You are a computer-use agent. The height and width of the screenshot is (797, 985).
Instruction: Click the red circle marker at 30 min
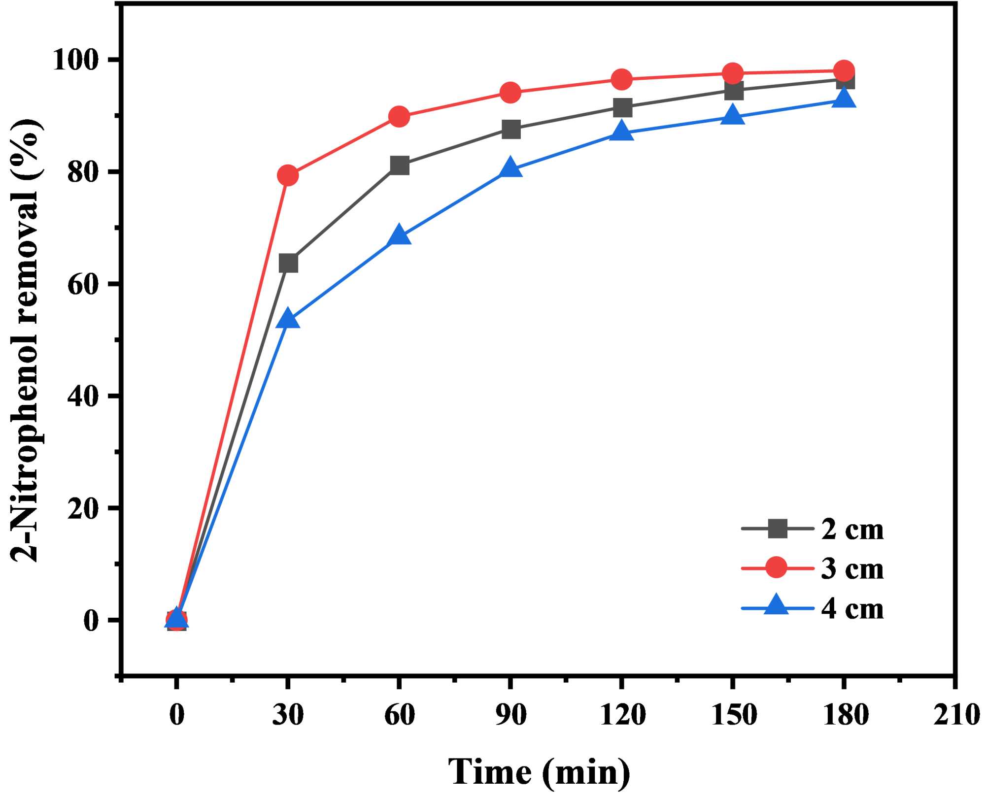(288, 175)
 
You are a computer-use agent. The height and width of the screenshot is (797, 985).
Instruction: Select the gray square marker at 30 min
(288, 263)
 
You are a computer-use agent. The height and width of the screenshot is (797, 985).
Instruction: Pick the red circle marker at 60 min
(399, 117)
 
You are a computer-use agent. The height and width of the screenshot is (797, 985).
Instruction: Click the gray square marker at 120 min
(622, 107)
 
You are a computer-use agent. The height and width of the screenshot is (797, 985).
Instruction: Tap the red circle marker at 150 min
(733, 73)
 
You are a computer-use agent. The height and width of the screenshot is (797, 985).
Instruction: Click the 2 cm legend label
(852, 530)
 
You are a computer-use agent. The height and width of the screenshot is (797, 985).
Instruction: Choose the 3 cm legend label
(852, 569)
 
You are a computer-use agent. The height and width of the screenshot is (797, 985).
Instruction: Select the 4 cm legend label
(852, 609)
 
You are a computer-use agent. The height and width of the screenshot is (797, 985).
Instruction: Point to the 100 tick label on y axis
(83, 61)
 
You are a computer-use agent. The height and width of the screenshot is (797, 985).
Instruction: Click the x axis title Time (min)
(539, 771)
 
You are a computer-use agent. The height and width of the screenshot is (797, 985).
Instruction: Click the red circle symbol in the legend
(778, 568)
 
